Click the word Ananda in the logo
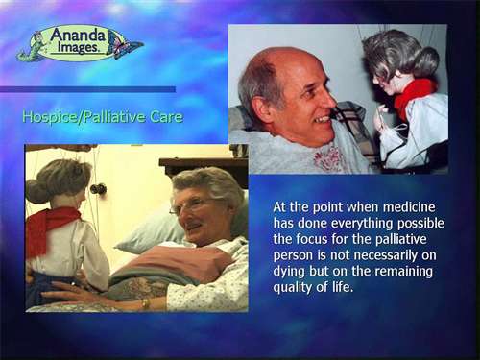pyautogui.click(x=78, y=35)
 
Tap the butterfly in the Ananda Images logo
pyautogui.click(x=125, y=46)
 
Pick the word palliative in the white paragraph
pyautogui.click(x=401, y=240)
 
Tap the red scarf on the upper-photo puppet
pyautogui.click(x=415, y=95)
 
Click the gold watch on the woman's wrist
pyautogui.click(x=146, y=303)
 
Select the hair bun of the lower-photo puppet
pyautogui.click(x=36, y=191)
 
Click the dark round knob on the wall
pyautogui.click(x=98, y=189)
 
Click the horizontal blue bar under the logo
pyautogui.click(x=87, y=89)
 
